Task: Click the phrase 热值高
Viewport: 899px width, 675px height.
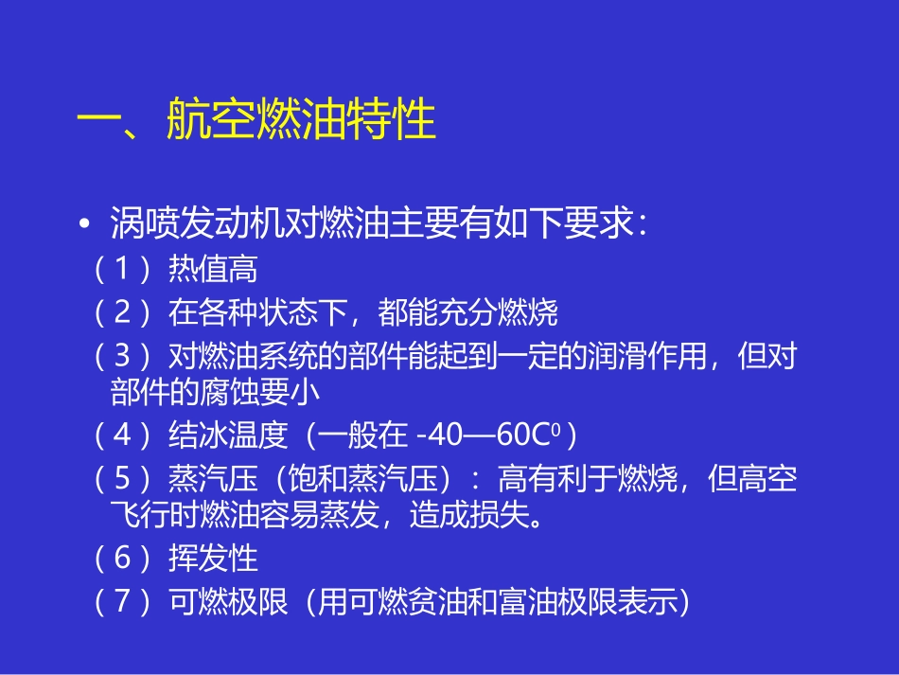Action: (x=213, y=270)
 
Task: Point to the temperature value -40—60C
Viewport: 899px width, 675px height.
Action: (x=492, y=435)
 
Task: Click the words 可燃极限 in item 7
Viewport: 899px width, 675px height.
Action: (x=227, y=602)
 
